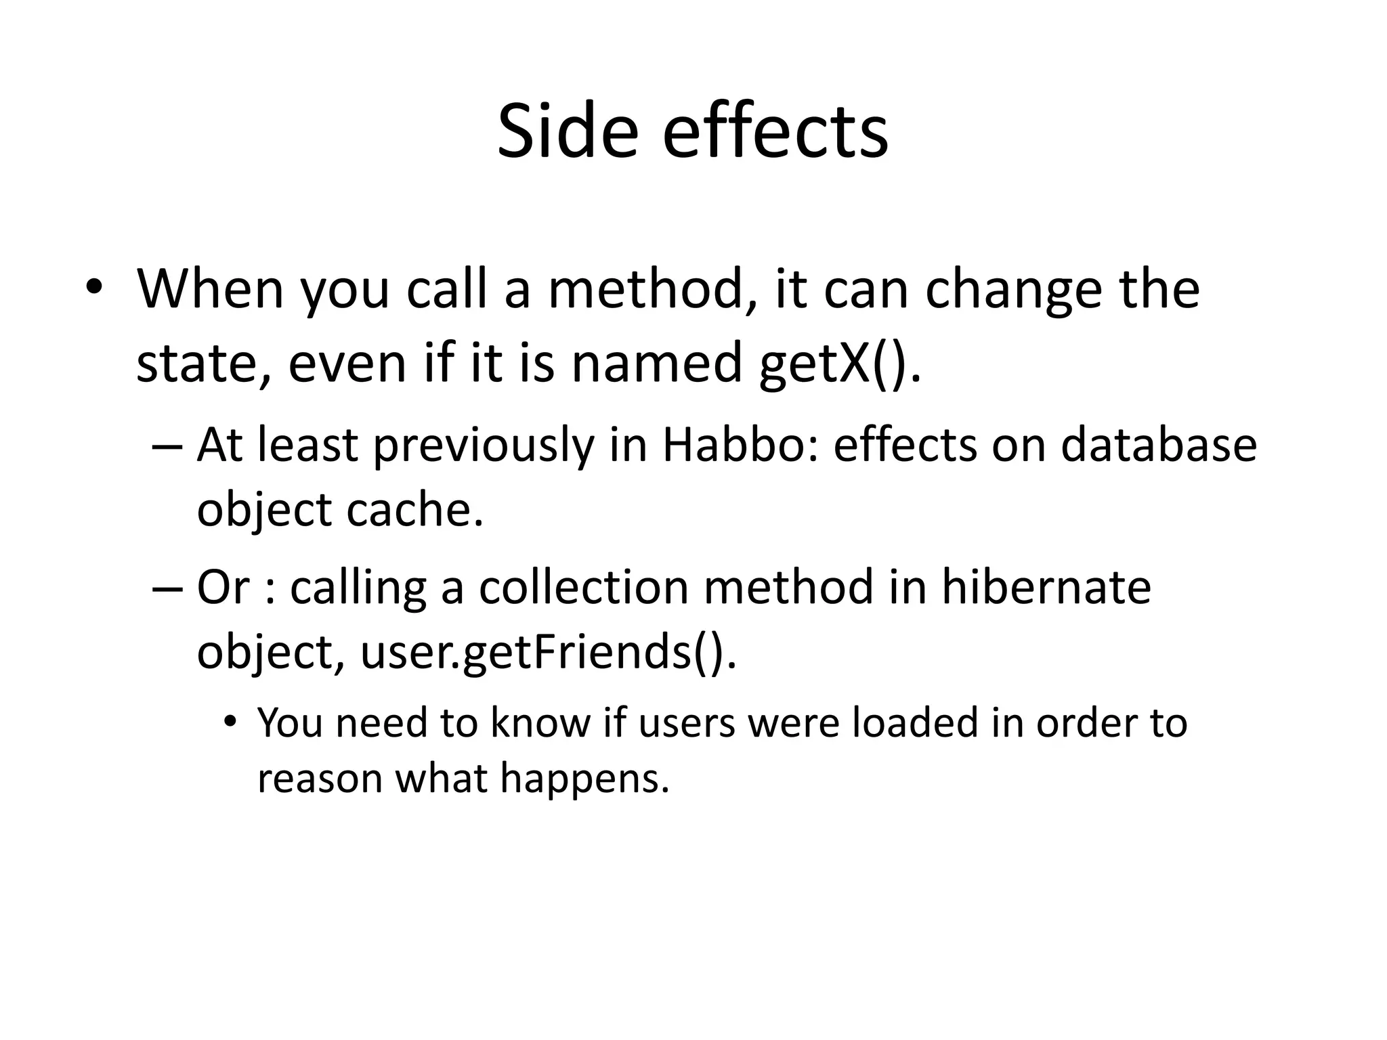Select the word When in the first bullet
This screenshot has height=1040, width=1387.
(x=211, y=289)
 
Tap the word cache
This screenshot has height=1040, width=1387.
(x=414, y=509)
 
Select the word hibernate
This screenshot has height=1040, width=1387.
(x=1046, y=586)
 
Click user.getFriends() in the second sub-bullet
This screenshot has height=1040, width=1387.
(x=548, y=651)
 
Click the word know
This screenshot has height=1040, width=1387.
(x=540, y=722)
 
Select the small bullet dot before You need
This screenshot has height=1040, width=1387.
(x=231, y=720)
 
